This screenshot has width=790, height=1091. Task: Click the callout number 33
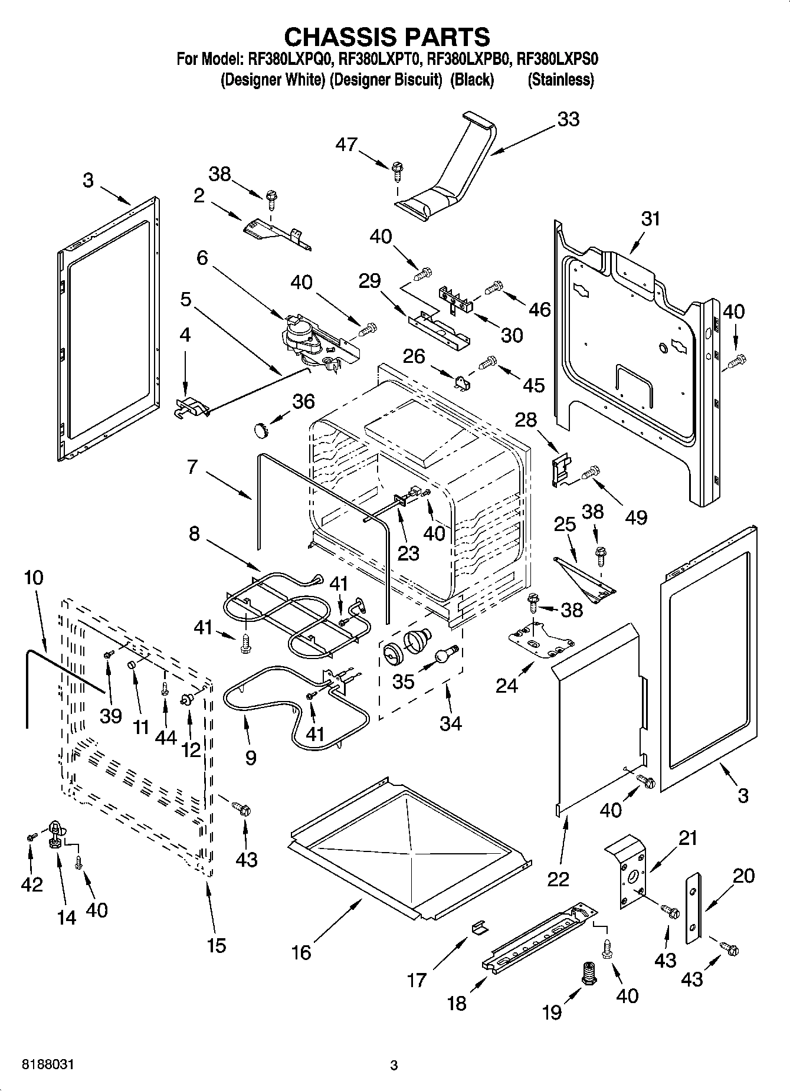[x=568, y=120]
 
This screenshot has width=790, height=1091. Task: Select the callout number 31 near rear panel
[x=650, y=219]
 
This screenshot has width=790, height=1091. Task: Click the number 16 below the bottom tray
[x=301, y=952]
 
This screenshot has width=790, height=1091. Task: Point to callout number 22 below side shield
[x=558, y=879]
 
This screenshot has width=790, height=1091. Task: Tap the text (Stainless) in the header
[x=560, y=80]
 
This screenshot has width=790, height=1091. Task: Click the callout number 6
[x=202, y=258]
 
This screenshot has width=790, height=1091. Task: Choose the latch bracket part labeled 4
[x=191, y=408]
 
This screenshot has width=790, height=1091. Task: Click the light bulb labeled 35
[x=446, y=655]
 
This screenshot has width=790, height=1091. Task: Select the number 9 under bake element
[x=251, y=757]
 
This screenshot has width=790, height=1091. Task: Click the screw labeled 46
[x=493, y=288]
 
